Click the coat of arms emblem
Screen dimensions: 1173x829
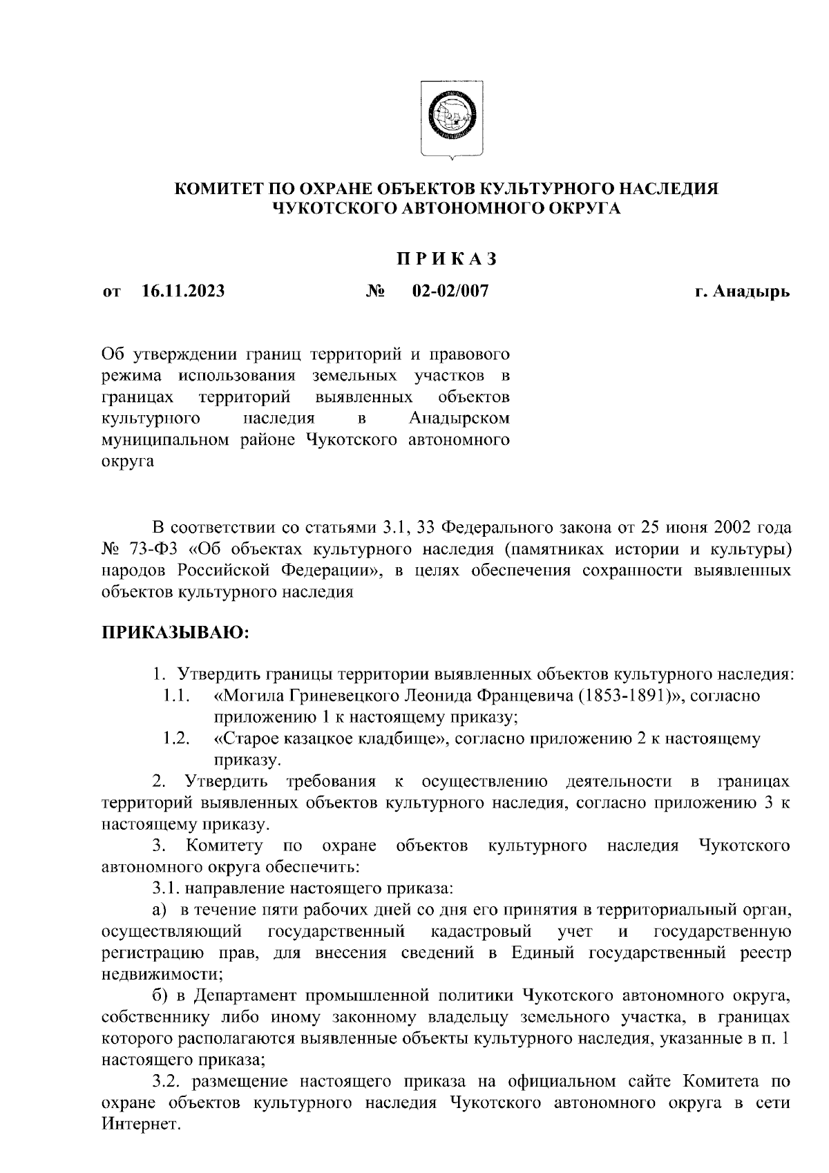coord(452,119)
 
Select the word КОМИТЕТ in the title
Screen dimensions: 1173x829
coord(216,189)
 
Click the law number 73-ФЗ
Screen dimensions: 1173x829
coord(154,550)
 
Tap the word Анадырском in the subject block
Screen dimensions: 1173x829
coord(459,418)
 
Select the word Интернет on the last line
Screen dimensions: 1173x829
coord(140,1125)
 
